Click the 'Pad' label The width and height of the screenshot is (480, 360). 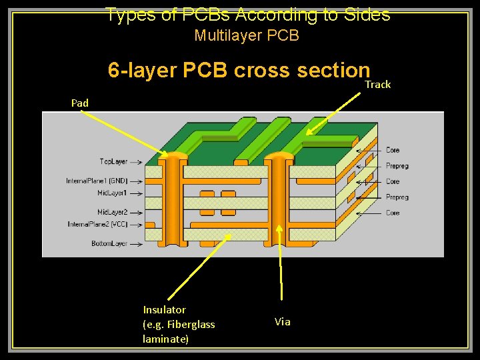pyautogui.click(x=80, y=103)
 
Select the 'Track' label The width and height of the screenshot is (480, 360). pyautogui.click(x=377, y=85)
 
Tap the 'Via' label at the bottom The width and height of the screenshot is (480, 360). pyautogui.click(x=283, y=322)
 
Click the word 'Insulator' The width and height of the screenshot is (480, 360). pyautogui.click(x=165, y=309)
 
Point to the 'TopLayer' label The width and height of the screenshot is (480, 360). pyautogui.click(x=113, y=162)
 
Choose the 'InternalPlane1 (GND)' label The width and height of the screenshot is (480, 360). pyautogui.click(x=97, y=181)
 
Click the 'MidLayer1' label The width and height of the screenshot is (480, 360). pyautogui.click(x=112, y=193)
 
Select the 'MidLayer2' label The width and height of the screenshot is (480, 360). pyautogui.click(x=112, y=212)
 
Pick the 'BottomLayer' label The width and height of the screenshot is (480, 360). pyautogui.click(x=109, y=244)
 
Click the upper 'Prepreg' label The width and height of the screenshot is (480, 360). pyautogui.click(x=397, y=166)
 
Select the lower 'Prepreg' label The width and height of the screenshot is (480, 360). pyautogui.click(x=397, y=197)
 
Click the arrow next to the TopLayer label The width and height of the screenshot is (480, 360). pyautogui.click(x=136, y=162)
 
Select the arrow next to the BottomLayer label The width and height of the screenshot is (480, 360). pyautogui.click(x=136, y=244)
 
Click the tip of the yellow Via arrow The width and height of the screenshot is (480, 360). pyautogui.click(x=280, y=225)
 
